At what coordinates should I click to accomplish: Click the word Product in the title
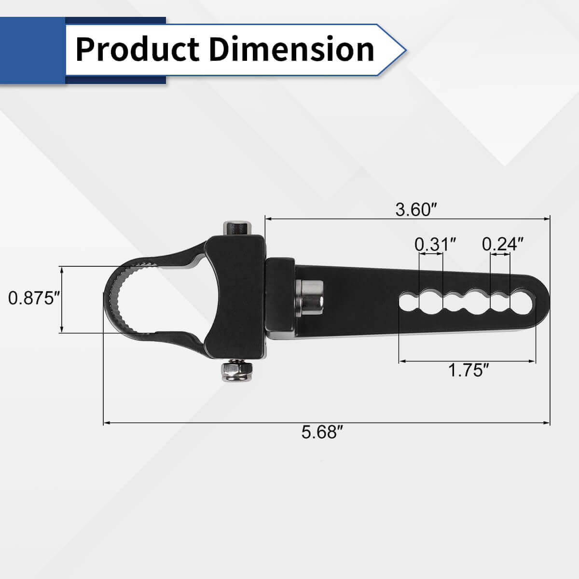[x=138, y=49]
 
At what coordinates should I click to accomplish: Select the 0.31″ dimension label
[x=435, y=245]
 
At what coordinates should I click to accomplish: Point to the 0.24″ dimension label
[x=503, y=245]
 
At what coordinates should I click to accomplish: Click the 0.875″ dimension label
[x=33, y=299]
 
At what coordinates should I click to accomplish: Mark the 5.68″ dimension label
[x=322, y=432]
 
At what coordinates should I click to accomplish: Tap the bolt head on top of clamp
[x=237, y=228]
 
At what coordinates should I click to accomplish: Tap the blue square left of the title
[x=32, y=49]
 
